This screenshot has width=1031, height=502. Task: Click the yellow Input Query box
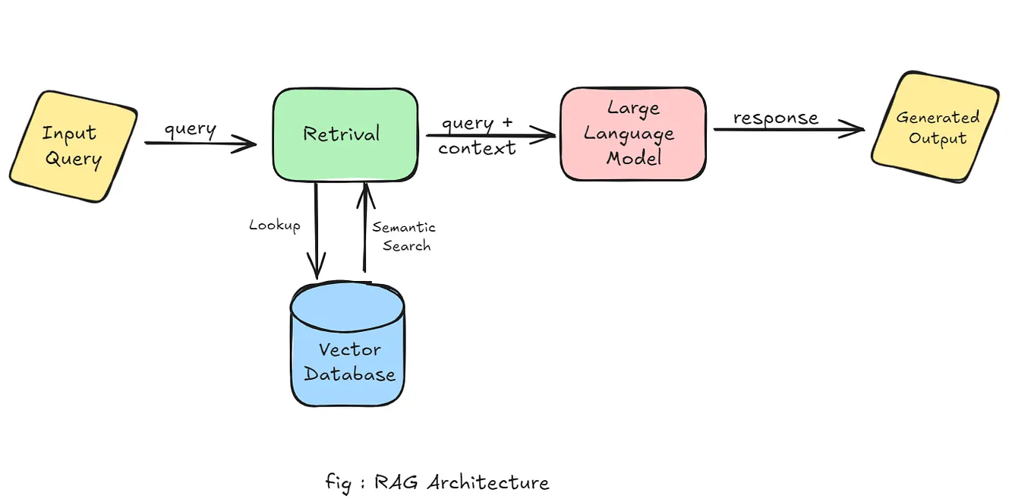click(73, 146)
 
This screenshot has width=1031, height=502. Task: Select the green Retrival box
click(345, 134)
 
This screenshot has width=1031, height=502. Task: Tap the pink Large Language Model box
click(632, 134)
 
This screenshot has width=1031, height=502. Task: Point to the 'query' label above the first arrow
click(190, 129)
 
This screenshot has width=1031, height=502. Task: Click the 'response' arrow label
click(775, 118)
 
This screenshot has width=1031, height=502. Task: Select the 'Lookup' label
click(275, 226)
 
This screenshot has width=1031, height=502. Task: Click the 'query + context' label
click(477, 136)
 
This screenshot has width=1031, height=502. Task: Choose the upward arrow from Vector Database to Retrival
click(365, 228)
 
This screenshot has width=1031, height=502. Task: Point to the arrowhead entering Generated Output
click(856, 129)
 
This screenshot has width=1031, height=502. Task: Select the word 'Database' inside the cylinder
click(349, 374)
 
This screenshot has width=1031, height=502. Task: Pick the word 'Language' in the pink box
click(629, 135)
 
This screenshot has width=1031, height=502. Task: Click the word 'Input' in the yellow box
click(69, 134)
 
